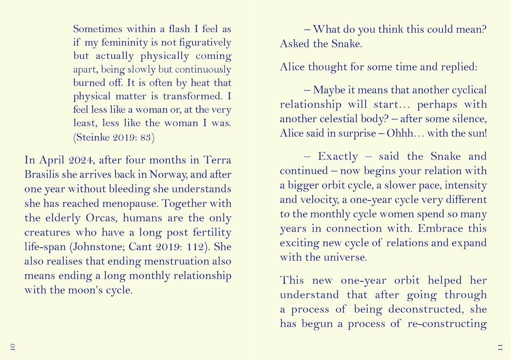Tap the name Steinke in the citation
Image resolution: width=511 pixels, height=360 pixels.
(91, 138)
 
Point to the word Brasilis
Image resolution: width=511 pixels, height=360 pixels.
(42, 174)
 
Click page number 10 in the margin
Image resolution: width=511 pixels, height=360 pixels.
(12, 346)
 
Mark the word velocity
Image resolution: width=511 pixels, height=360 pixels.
(315, 200)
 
